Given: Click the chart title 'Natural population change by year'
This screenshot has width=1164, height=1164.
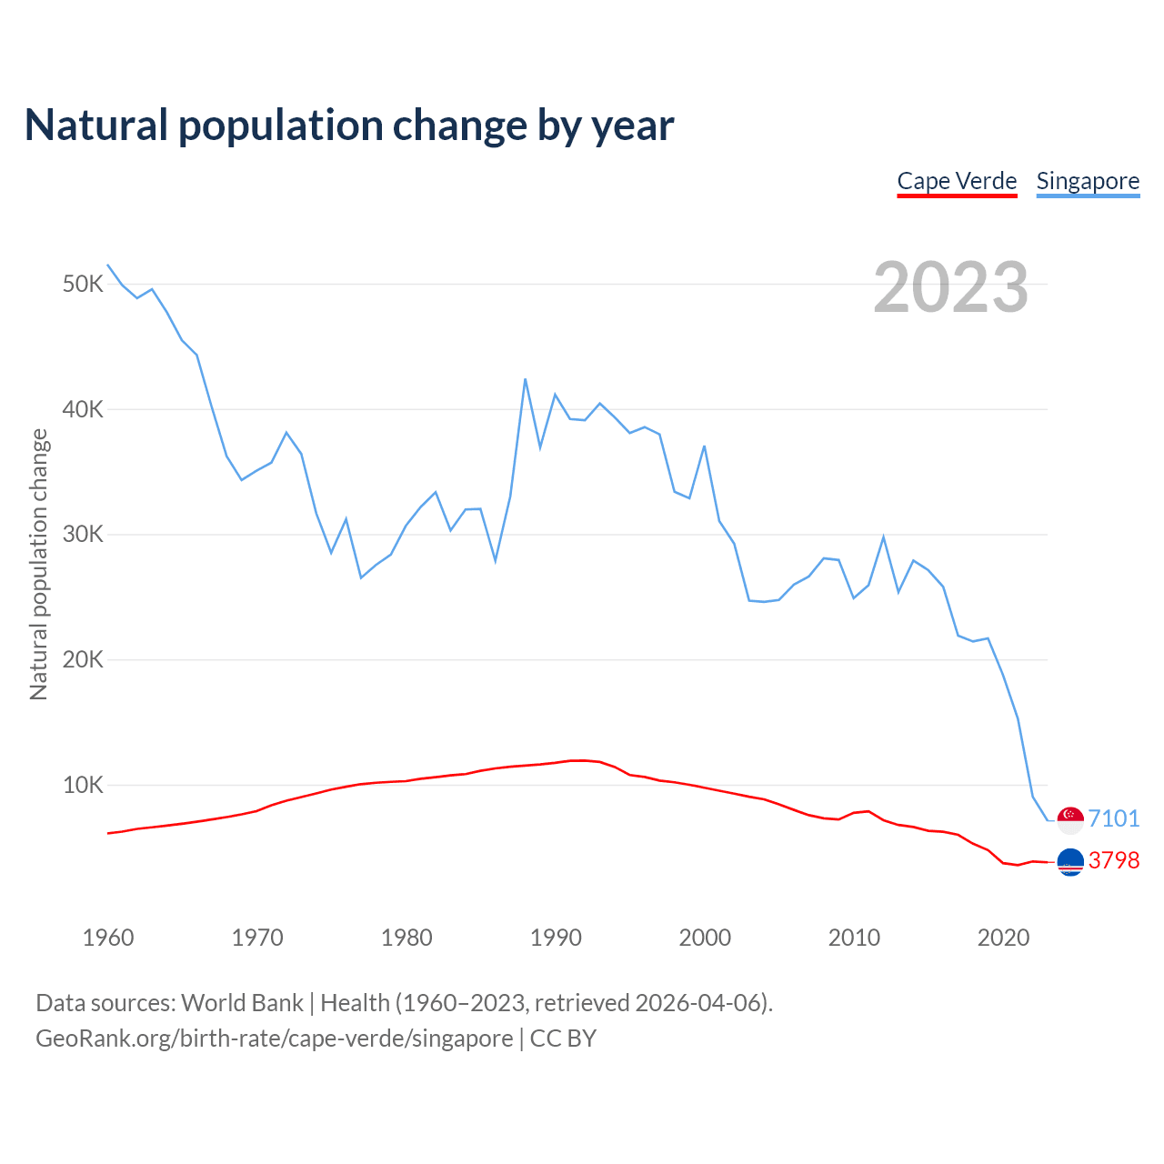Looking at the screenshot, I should (349, 125).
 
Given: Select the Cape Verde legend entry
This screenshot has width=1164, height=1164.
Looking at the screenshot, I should (957, 181).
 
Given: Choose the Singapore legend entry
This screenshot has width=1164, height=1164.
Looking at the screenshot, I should (1088, 181).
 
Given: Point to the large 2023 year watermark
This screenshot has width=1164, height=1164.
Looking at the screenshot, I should (950, 287).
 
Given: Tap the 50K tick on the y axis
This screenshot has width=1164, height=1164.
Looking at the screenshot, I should (84, 285).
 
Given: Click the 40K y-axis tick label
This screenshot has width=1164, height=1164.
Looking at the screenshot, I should (84, 409).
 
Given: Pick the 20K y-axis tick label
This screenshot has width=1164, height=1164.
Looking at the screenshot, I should (84, 659).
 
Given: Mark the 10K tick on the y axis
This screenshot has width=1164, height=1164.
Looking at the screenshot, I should (84, 785).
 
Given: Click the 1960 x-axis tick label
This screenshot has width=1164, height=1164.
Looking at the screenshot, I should (108, 938).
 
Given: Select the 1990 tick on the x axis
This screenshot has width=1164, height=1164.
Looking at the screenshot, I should (556, 938).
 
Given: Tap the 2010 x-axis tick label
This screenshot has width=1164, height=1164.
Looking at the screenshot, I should (854, 938).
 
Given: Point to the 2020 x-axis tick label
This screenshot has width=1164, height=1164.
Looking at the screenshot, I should (1003, 938).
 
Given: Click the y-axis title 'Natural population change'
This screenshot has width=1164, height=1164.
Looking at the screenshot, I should (38, 565).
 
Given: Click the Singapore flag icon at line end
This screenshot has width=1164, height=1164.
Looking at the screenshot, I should (1070, 819).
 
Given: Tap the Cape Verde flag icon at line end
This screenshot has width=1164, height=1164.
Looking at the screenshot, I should (1070, 861).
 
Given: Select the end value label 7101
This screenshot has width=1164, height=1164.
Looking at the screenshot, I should (1114, 818).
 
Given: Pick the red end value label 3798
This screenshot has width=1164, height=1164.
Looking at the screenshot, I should (1114, 860).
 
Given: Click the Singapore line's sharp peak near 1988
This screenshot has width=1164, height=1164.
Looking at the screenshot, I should (526, 379).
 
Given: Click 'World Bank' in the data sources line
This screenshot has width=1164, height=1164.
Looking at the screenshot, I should (242, 1003).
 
